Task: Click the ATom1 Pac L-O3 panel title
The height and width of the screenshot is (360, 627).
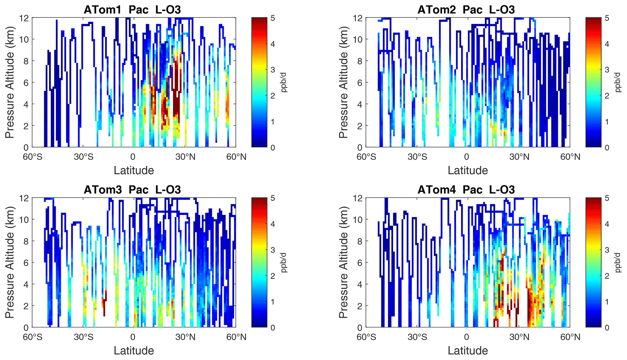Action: pyautogui.click(x=132, y=10)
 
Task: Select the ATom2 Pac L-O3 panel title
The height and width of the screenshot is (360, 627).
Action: pyautogui.click(x=466, y=10)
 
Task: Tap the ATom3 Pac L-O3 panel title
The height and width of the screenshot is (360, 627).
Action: pyautogui.click(x=132, y=190)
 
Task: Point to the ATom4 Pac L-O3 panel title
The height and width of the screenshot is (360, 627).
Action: pyautogui.click(x=466, y=190)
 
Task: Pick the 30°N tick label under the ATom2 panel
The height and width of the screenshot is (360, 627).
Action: pyautogui.click(x=519, y=157)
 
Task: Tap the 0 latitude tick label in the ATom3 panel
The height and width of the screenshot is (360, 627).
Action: pyautogui.click(x=133, y=337)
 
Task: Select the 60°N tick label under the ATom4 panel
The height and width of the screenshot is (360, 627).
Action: pyautogui.click(x=570, y=337)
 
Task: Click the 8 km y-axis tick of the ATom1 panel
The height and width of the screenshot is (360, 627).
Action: pyautogui.click(x=26, y=61)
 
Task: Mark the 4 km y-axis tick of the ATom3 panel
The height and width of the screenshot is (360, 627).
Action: pyautogui.click(x=26, y=284)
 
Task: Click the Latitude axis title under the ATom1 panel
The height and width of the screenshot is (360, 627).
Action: pyautogui.click(x=134, y=170)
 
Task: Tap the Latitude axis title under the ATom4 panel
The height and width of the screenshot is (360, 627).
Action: pyautogui.click(x=468, y=351)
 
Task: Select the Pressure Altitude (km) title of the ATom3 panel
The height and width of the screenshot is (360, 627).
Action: pyautogui.click(x=10, y=262)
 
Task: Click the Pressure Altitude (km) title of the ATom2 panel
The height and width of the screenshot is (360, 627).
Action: pyautogui.click(x=343, y=82)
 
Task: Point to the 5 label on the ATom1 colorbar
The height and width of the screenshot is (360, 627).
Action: pyautogui.click(x=273, y=18)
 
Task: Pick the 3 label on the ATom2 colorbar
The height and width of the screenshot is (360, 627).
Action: pyautogui.click(x=607, y=70)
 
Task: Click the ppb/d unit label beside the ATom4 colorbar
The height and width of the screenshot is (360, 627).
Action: pyautogui.click(x=618, y=262)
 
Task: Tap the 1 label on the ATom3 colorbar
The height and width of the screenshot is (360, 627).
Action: pyautogui.click(x=273, y=302)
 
